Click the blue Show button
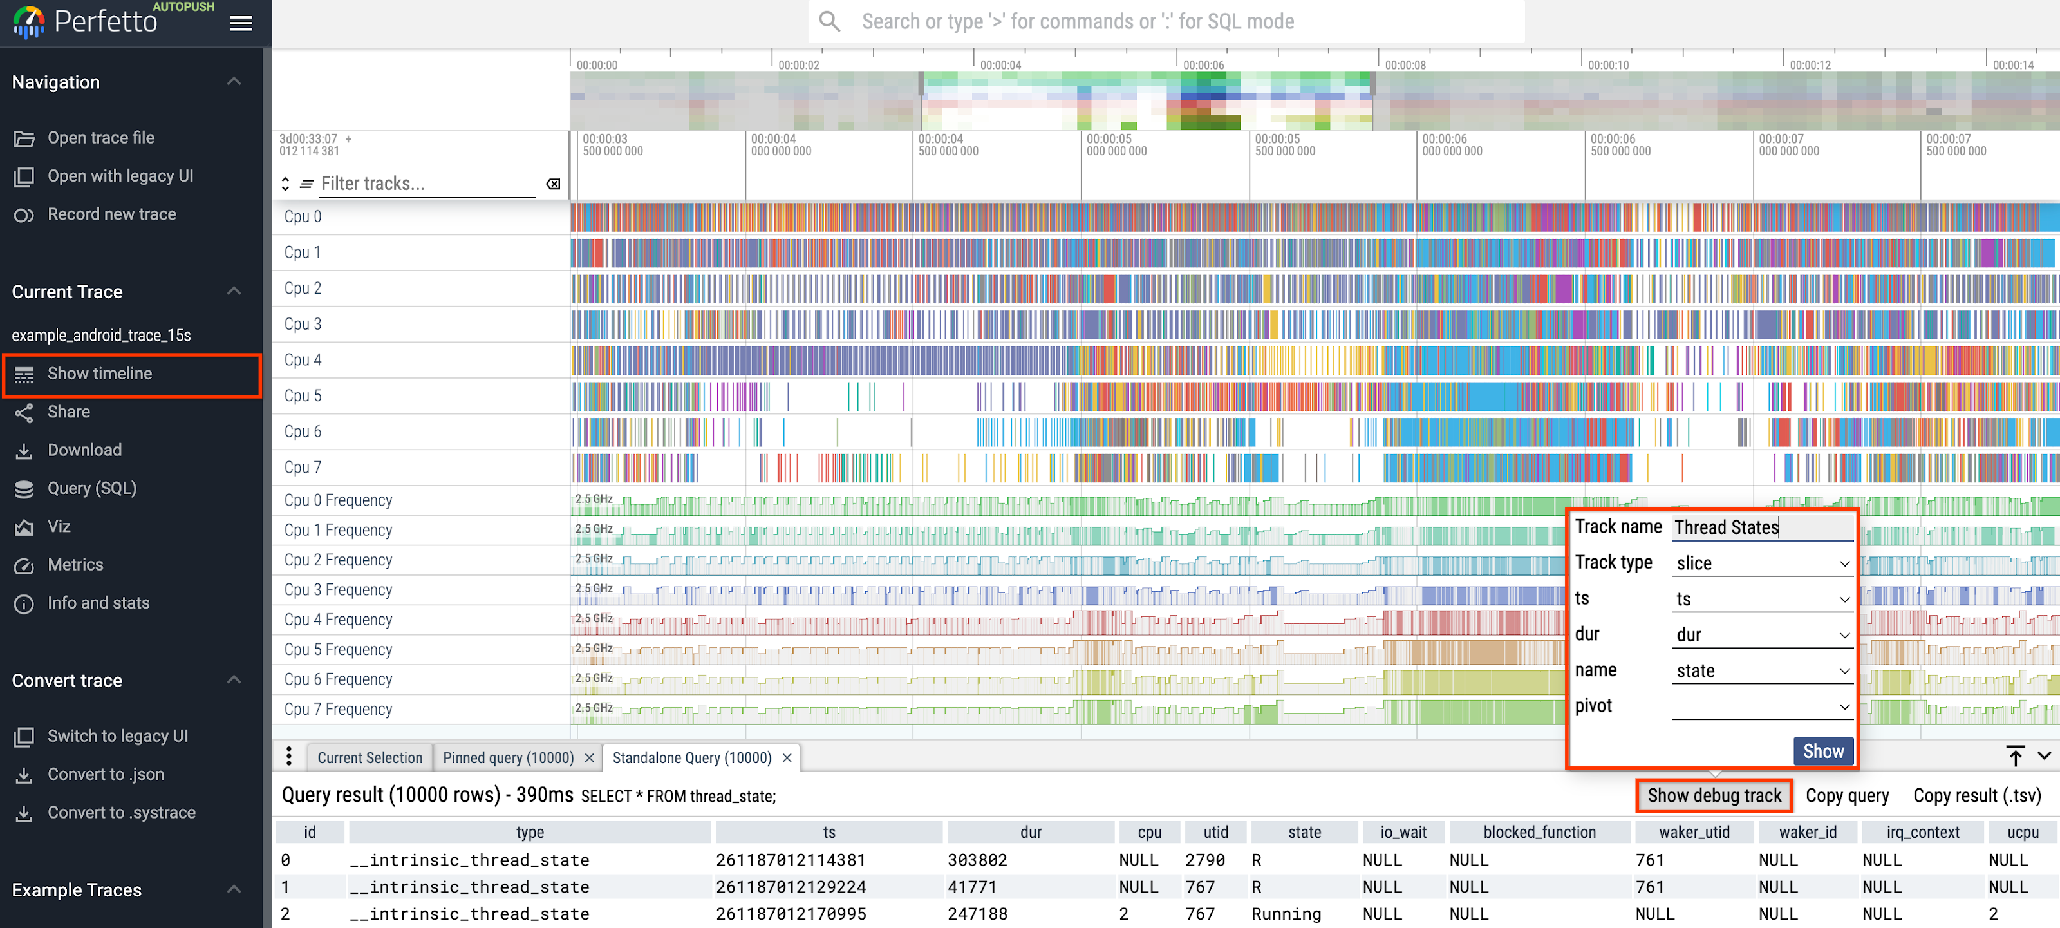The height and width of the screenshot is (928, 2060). [x=1822, y=750]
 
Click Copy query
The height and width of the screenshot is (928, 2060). [x=1846, y=795]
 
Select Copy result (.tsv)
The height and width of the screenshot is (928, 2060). [x=1976, y=795]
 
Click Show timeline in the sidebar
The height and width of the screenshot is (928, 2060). [x=99, y=374]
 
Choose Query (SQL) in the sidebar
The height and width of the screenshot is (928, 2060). [x=91, y=488]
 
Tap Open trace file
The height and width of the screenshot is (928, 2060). [x=101, y=138]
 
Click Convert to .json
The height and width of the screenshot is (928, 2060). [x=106, y=773]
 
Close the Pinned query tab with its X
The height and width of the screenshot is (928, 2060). [x=590, y=757]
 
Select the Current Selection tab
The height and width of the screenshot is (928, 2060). [x=370, y=757]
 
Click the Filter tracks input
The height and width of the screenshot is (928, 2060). [x=426, y=184]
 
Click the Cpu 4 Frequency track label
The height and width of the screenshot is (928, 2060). [x=337, y=619]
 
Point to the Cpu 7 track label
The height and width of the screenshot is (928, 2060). [x=303, y=467]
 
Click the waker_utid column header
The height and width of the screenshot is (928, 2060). [x=1693, y=832]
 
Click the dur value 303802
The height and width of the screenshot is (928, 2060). [x=978, y=860]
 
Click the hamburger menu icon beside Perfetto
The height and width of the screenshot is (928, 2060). [x=241, y=23]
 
